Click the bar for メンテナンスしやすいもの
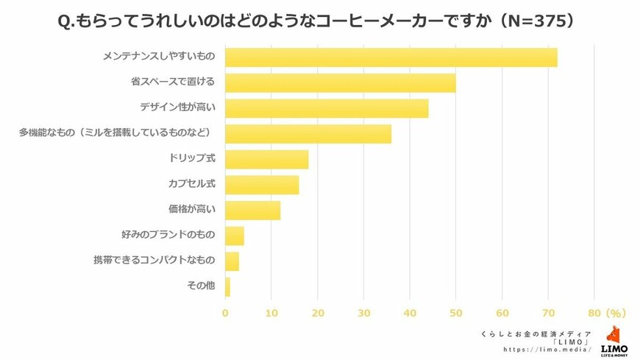click(391, 57)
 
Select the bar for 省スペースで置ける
click(340, 82)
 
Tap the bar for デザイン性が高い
click(326, 108)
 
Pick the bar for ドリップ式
click(266, 159)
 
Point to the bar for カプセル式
click(262, 185)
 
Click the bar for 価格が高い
click(252, 211)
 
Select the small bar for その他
click(227, 286)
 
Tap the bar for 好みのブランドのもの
click(234, 236)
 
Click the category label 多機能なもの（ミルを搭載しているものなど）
click(116, 133)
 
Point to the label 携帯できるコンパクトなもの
click(154, 261)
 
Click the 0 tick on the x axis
click(225, 312)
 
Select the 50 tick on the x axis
click(456, 312)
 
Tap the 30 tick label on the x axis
click(363, 312)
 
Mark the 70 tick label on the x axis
click(549, 312)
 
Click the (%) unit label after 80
click(615, 312)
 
